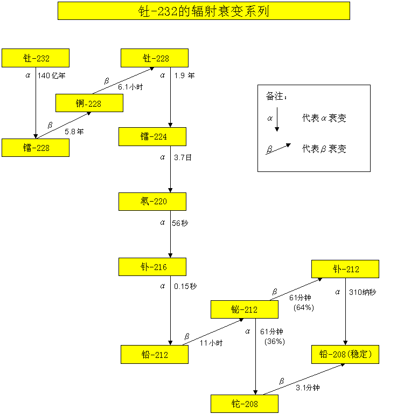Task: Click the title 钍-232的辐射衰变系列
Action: point(204,11)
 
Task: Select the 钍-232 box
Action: point(36,58)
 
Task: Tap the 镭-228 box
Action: point(36,148)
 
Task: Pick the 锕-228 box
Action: point(89,103)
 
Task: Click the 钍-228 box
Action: point(155,58)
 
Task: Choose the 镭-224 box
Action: point(152,136)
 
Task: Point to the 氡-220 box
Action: point(152,202)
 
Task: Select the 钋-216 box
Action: point(152,267)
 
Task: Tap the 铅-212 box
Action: point(155,355)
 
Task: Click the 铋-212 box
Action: point(245,309)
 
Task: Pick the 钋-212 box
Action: point(345,269)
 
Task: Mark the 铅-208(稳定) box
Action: point(345,354)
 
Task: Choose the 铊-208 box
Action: point(245,404)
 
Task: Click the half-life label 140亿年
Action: point(52,75)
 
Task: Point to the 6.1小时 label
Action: point(131,86)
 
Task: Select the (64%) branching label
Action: point(304,307)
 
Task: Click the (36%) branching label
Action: point(274,341)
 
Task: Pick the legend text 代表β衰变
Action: point(324,149)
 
